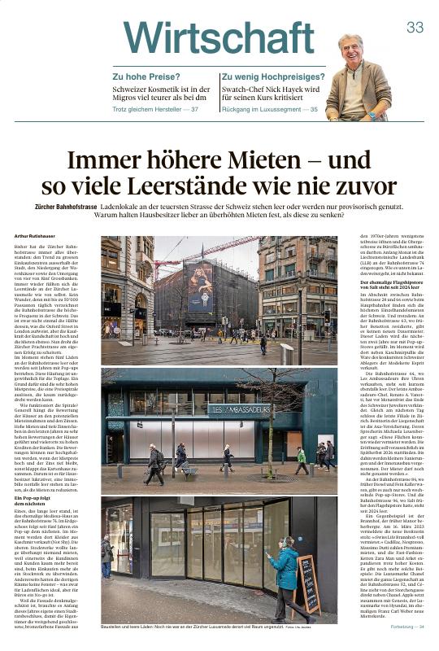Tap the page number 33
pyautogui.click(x=415, y=28)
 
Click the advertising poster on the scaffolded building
pyautogui.click(x=198, y=286)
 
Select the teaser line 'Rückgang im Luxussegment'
pyautogui.click(x=259, y=109)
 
